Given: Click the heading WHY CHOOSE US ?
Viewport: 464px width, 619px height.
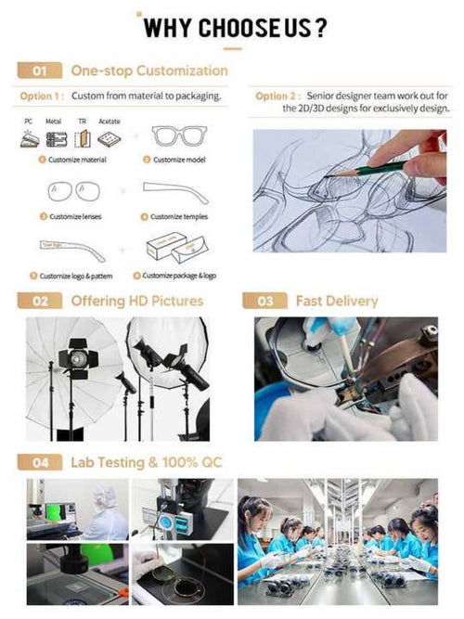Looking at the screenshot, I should (235, 27).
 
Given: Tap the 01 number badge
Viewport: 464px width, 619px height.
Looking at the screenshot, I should (40, 71).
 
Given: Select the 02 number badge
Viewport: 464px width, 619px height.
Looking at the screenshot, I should (40, 301).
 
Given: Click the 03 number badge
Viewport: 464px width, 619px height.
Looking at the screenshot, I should (264, 301).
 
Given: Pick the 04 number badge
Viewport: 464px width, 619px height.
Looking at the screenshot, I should (40, 461).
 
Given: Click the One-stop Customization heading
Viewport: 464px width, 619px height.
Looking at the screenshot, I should (148, 71).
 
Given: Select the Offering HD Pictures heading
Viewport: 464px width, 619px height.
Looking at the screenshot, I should (136, 301).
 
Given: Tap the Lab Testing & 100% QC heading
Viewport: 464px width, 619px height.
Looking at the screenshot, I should (147, 461).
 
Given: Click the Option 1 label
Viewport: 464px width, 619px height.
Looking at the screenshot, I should (41, 97).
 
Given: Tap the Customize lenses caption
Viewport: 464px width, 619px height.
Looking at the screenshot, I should (74, 216).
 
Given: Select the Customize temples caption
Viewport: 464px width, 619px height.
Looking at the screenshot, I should (182, 216).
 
